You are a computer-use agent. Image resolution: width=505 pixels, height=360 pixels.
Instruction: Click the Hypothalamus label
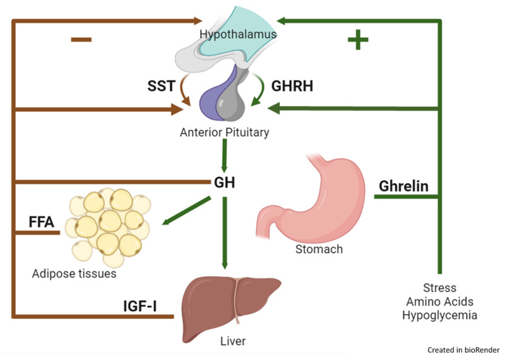coord(238,34)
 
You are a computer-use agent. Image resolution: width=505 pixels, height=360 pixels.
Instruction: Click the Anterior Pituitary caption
coord(225,133)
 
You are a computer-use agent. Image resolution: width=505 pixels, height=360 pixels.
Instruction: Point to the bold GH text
coord(224,183)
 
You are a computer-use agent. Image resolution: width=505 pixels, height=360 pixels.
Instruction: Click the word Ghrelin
coord(403,186)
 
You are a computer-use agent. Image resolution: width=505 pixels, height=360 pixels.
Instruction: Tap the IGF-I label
coord(140,308)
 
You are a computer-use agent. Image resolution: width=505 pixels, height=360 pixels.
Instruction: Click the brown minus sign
coord(81,40)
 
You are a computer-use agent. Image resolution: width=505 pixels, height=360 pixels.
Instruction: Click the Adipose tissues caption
coord(74,275)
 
